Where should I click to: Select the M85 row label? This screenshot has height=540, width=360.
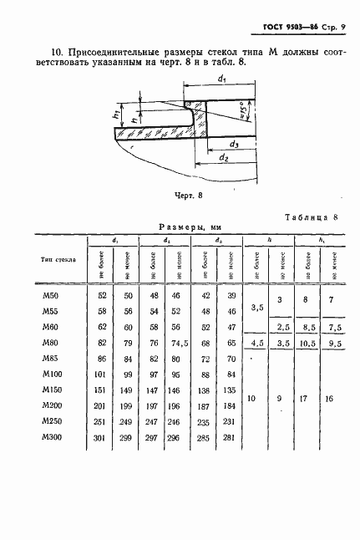point(51,359)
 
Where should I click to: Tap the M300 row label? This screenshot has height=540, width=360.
point(52,437)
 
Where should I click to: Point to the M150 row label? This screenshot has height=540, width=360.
point(52,390)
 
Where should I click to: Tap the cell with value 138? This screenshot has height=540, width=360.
point(204,390)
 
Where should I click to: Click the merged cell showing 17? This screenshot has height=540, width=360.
point(307,399)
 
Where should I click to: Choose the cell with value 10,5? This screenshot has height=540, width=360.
point(307,343)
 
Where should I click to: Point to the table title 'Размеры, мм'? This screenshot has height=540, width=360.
point(188,227)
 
